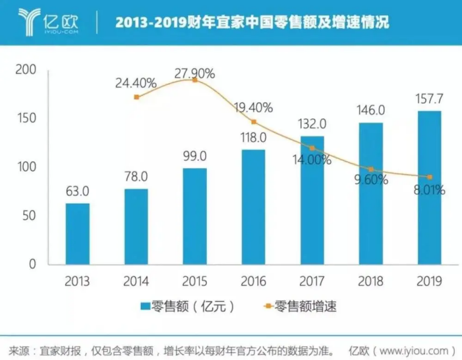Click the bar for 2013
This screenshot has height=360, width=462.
point(77,234)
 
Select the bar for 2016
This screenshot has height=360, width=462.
point(254,207)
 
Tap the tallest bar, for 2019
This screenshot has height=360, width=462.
point(430,188)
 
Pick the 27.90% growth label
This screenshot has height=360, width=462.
point(194,73)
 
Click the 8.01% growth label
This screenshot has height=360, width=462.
point(430,190)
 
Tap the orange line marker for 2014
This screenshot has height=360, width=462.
point(136,97)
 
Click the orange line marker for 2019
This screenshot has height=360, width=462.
point(430,177)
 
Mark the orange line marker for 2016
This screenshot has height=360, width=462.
point(254,122)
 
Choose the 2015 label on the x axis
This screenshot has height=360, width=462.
point(194,282)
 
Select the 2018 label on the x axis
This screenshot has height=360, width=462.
point(371,282)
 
